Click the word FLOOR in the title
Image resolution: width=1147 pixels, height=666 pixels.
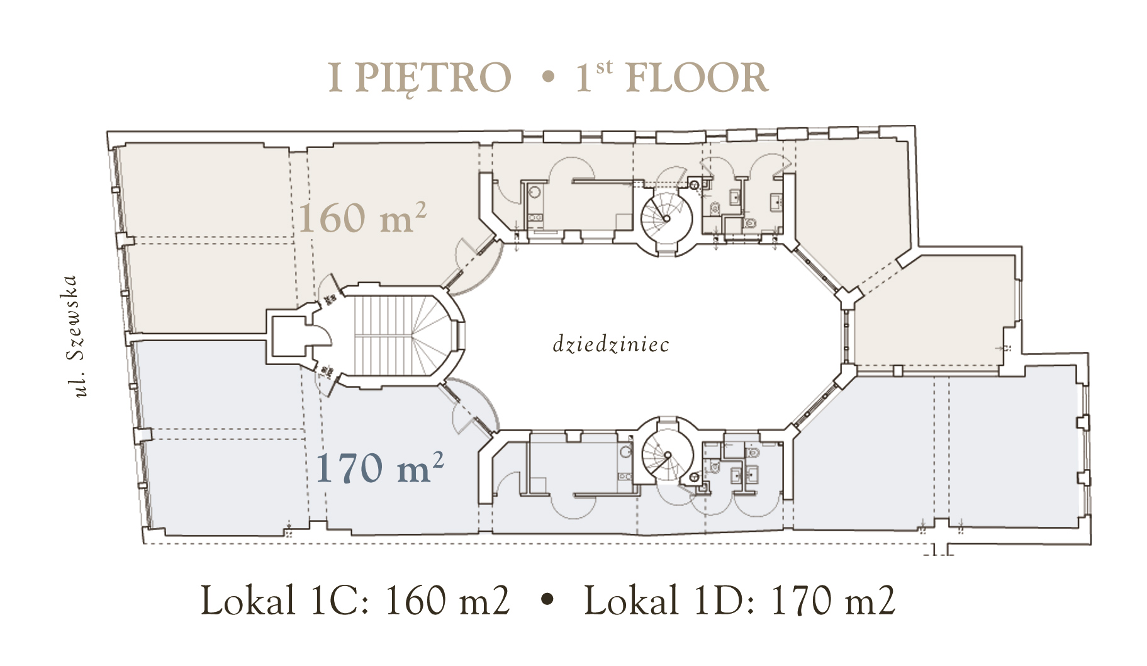coord(697,78)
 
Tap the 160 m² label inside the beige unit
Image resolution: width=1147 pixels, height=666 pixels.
coord(362,218)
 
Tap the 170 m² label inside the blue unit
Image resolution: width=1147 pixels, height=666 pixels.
coord(379,467)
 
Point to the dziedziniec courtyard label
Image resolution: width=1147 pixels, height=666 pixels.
coord(610,344)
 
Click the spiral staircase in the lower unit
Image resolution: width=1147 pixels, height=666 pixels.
coord(668,454)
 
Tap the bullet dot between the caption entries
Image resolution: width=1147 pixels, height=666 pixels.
coord(548,600)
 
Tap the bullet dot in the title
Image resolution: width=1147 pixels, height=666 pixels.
coord(548,78)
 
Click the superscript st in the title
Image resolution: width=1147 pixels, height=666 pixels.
coord(603,67)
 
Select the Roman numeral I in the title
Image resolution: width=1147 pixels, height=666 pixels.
coord(335,78)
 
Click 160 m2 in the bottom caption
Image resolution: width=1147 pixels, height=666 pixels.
coord(447,600)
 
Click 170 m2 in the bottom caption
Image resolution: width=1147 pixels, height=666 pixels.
coord(833,600)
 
